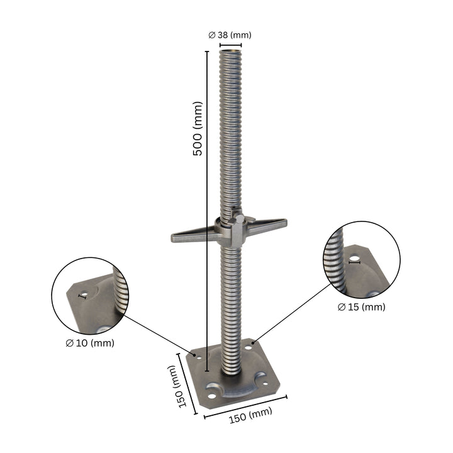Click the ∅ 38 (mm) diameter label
[230, 35]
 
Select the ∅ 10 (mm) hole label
[89, 343]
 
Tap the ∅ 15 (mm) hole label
[361, 307]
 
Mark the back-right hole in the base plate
[254, 344]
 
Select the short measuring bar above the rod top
[230, 45]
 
